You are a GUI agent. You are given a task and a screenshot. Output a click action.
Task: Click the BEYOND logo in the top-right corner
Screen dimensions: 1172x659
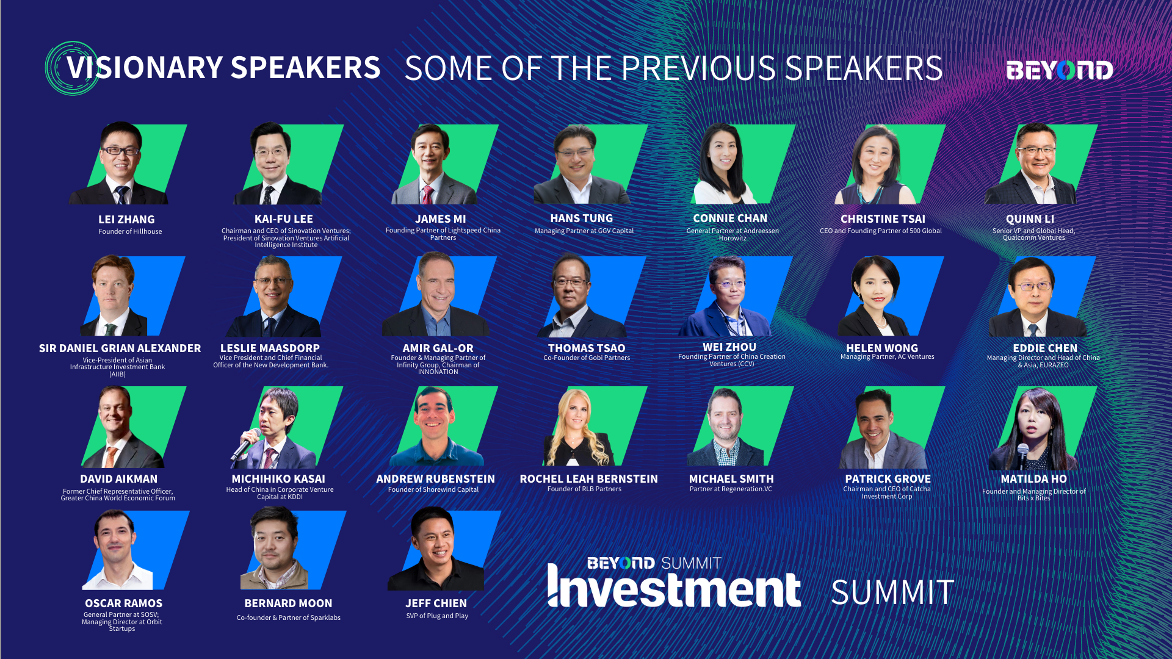(x=1060, y=70)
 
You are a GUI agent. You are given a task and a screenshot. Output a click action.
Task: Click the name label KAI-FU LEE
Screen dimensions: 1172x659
(x=284, y=219)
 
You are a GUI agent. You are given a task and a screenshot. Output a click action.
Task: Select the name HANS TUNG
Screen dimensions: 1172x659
(x=581, y=218)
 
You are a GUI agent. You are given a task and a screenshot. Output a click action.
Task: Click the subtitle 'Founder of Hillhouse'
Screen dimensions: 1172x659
(x=130, y=231)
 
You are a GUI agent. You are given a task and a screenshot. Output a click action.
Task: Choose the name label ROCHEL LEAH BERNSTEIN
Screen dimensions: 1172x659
(x=588, y=479)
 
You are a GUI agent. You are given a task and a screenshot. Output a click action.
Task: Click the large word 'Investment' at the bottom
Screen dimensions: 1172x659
(x=674, y=587)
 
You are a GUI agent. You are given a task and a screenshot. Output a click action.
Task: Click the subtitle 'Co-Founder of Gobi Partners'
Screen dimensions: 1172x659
(x=587, y=358)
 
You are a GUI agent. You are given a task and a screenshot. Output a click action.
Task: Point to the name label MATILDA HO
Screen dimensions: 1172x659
(x=1033, y=479)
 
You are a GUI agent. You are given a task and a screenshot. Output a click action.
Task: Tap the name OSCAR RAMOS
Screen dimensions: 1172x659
(x=123, y=603)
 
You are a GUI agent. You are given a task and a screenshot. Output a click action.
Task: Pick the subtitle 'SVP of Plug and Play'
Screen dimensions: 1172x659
(x=437, y=616)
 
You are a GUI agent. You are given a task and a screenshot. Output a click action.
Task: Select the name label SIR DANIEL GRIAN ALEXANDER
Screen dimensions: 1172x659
(x=120, y=348)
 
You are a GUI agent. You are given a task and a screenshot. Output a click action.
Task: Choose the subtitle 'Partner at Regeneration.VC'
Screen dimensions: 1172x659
(x=731, y=489)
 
